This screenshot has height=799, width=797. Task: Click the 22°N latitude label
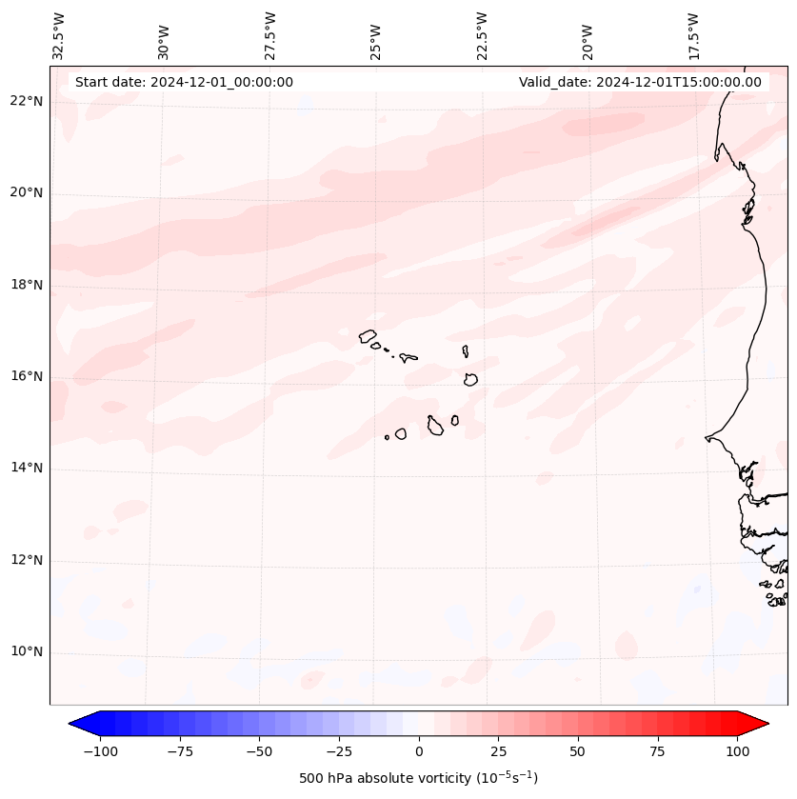click(x=26, y=102)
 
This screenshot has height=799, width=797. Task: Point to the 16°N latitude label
click(x=26, y=377)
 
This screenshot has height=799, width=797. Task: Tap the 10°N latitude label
click(x=26, y=652)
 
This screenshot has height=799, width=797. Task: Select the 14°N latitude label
click(x=26, y=469)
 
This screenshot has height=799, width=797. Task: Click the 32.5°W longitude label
click(x=59, y=36)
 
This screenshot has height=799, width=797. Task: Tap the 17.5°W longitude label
click(x=693, y=36)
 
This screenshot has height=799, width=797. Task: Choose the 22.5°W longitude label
click(x=482, y=36)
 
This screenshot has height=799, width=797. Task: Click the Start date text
click(x=184, y=82)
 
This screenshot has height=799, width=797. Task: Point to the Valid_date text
click(x=640, y=82)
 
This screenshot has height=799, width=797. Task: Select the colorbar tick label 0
click(x=419, y=751)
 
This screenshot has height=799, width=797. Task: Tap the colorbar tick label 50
click(x=577, y=751)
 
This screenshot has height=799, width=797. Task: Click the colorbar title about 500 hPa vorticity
click(x=418, y=779)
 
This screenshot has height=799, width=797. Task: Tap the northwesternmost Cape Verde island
click(x=368, y=335)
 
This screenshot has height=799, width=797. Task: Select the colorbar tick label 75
click(x=657, y=751)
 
